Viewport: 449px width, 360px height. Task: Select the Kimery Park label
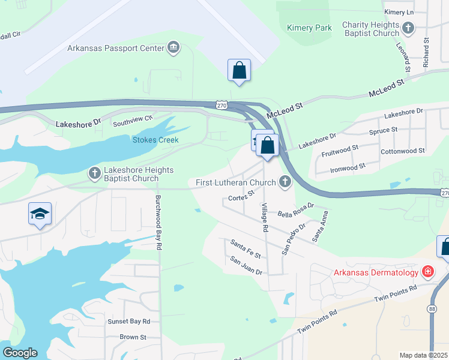click(x=309, y=28)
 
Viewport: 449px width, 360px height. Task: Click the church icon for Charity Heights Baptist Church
click(x=408, y=28)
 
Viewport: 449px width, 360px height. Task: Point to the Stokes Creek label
click(x=156, y=140)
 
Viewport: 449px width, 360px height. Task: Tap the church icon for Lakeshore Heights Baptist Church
click(x=94, y=174)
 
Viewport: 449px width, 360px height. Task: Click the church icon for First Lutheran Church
click(x=285, y=182)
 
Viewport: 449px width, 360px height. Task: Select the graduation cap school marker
click(x=40, y=214)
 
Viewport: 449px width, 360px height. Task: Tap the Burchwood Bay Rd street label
click(x=158, y=222)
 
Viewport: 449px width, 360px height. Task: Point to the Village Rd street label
click(x=263, y=217)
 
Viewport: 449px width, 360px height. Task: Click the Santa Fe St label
click(x=246, y=248)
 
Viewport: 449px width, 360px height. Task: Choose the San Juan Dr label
click(x=247, y=265)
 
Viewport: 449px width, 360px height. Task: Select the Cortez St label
click(x=242, y=195)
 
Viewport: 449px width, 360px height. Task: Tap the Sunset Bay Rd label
click(x=128, y=322)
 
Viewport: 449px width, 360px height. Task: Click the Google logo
click(x=20, y=353)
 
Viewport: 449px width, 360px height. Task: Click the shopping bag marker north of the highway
click(x=239, y=70)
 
